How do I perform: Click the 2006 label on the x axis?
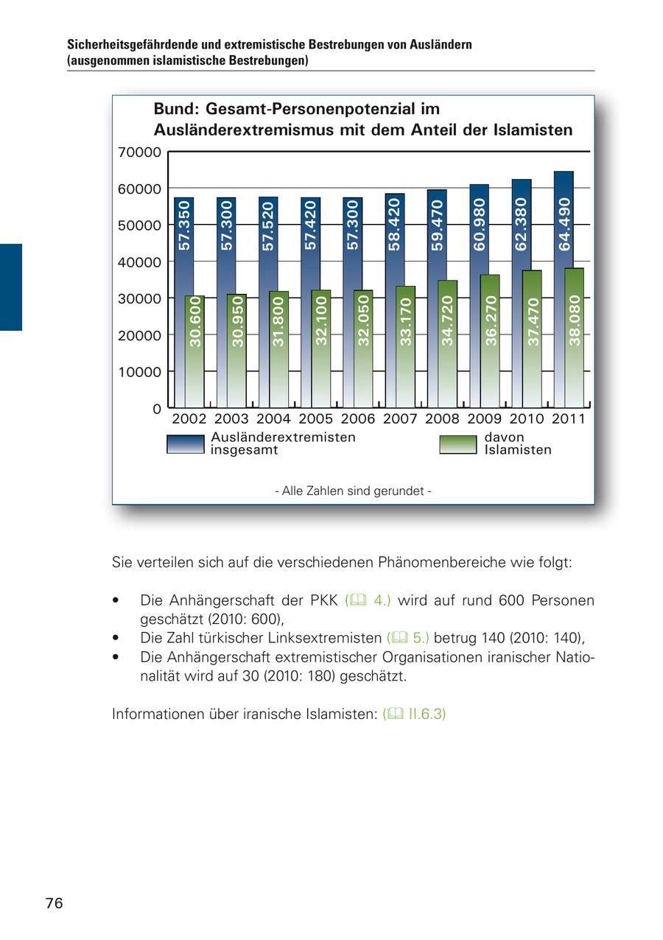(358, 419)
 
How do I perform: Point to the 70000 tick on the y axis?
(139, 152)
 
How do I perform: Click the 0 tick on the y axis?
(156, 409)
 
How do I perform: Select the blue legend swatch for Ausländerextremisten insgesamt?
(185, 443)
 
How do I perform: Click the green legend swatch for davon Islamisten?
(457, 443)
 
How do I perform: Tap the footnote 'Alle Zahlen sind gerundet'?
(353, 491)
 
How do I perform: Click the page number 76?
(54, 903)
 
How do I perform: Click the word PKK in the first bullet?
(324, 600)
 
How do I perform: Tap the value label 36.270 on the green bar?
(491, 320)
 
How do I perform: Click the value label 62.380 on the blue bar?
(522, 224)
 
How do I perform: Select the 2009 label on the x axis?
(484, 419)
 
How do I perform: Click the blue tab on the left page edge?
(10, 287)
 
